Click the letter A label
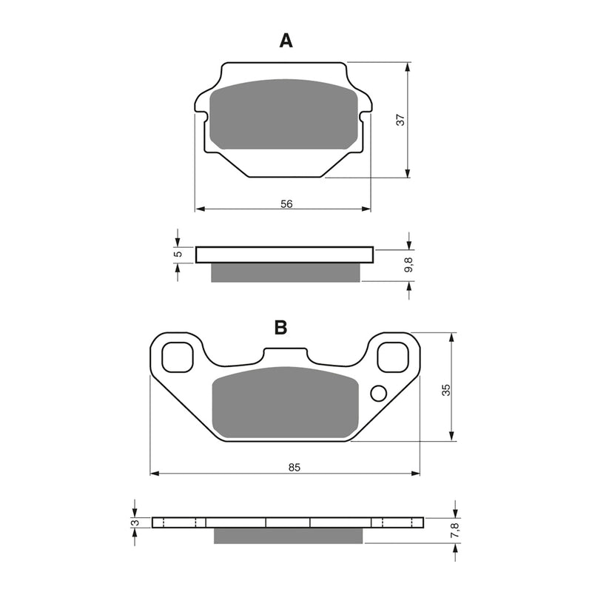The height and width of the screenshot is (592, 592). pyautogui.click(x=286, y=41)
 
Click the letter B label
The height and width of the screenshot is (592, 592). pyautogui.click(x=280, y=328)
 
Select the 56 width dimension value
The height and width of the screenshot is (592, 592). pyautogui.click(x=287, y=203)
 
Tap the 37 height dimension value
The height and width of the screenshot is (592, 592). pyautogui.click(x=400, y=120)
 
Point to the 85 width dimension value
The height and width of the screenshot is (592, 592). pyautogui.click(x=295, y=467)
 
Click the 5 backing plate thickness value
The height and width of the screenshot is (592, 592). pyautogui.click(x=177, y=255)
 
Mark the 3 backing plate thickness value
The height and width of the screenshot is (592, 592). pyautogui.click(x=134, y=523)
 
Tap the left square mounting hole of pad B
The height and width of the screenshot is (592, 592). pyautogui.click(x=176, y=357)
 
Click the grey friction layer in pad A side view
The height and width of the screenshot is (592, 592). pyautogui.click(x=286, y=272)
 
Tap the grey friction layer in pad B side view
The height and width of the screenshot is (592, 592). pyautogui.click(x=289, y=535)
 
